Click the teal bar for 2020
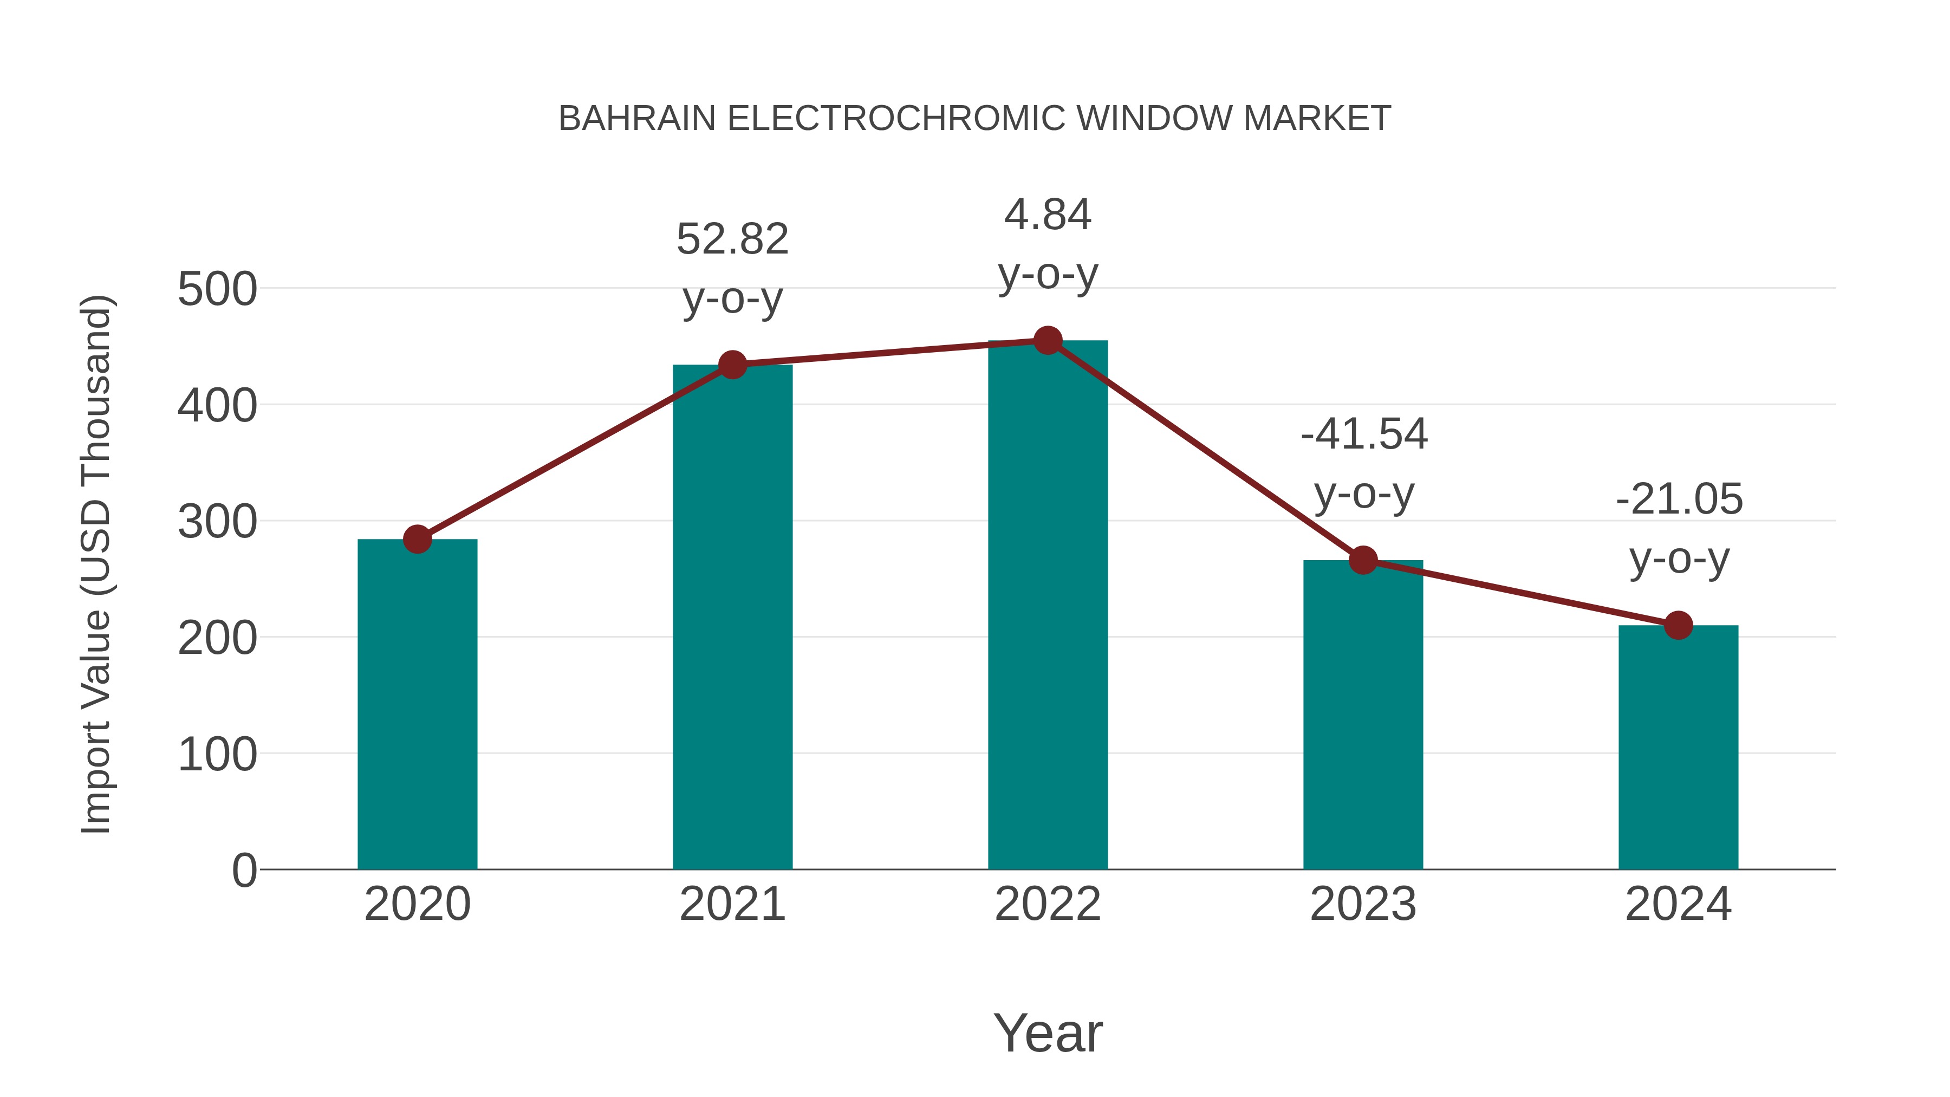tap(417, 704)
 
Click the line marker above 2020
tap(417, 539)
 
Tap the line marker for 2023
tap(1363, 560)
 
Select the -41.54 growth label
tap(1363, 434)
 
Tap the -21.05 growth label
tap(1679, 499)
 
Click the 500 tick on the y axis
tap(217, 289)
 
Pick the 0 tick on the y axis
tap(244, 870)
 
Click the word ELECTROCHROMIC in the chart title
tap(896, 119)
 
